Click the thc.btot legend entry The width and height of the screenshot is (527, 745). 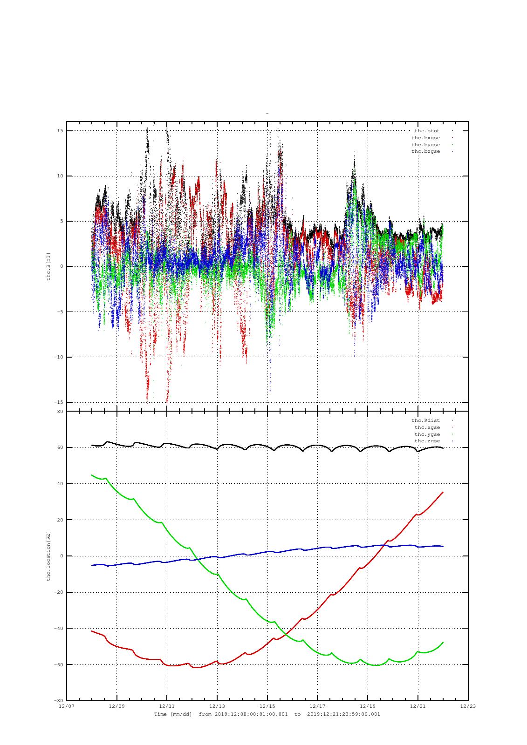[427, 131]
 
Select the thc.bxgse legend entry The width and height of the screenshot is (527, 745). [425, 138]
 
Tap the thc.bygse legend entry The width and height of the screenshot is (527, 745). [425, 145]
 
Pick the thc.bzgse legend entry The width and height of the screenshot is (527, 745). [425, 151]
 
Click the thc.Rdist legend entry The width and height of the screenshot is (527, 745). [425, 420]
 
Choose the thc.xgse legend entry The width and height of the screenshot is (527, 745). [427, 427]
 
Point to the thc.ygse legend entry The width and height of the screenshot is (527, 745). [427, 434]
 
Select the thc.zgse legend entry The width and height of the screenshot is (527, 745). [427, 441]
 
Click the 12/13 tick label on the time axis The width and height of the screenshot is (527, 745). [217, 706]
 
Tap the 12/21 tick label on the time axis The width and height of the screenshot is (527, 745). [418, 706]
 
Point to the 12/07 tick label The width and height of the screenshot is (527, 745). [67, 706]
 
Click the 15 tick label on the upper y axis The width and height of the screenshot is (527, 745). [60, 131]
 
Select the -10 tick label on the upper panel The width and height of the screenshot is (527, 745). [58, 357]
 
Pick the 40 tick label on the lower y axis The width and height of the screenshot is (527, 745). [60, 484]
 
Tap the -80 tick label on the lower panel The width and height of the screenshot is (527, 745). [58, 700]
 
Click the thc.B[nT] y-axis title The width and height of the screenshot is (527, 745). [48, 267]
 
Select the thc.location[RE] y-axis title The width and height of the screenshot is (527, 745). [48, 556]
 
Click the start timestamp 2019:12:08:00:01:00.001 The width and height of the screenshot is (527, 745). [251, 714]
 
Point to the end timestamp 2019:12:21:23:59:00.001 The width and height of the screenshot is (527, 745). [343, 714]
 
